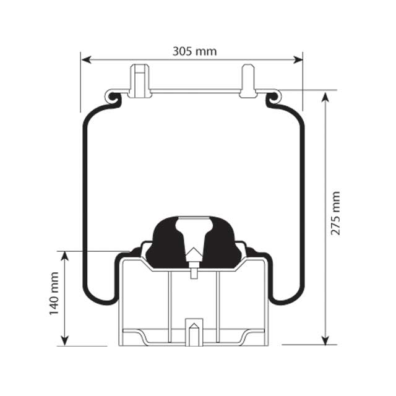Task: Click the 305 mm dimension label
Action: (x=194, y=51)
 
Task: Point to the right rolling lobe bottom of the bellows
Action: (x=285, y=301)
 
